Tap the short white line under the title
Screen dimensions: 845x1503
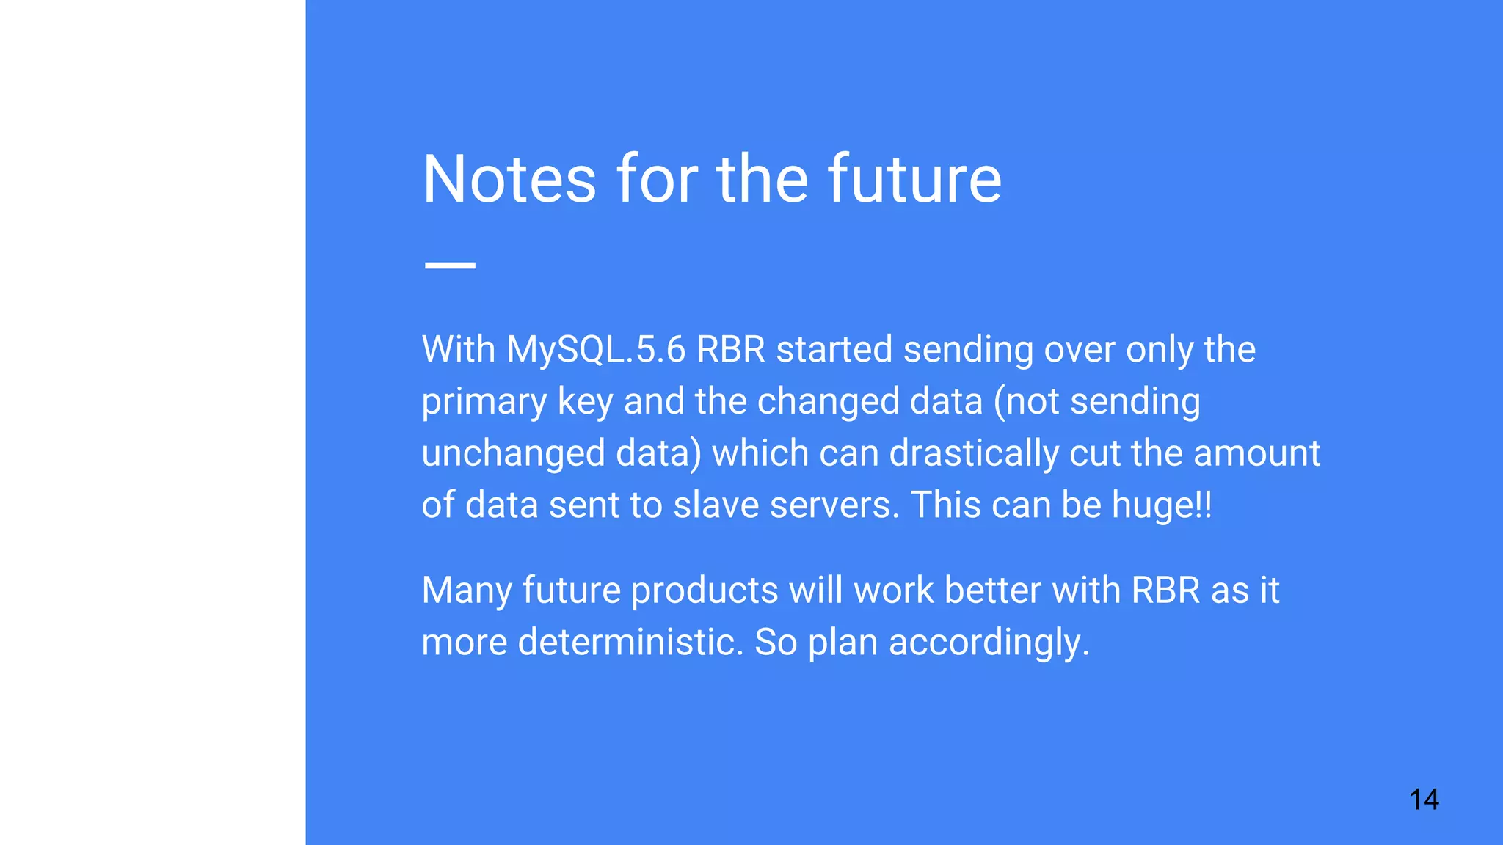450,265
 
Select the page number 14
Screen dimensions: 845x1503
1424,799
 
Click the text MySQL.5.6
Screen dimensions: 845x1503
596,349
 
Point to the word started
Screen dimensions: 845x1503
834,349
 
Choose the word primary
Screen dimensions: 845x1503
484,402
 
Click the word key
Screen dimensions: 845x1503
585,402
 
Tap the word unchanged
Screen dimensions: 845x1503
514,453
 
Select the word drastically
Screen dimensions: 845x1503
974,453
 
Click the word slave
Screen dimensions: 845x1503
716,505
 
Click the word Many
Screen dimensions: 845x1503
466,590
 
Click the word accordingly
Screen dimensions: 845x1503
989,643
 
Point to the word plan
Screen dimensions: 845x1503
843,643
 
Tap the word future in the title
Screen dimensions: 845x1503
914,179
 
